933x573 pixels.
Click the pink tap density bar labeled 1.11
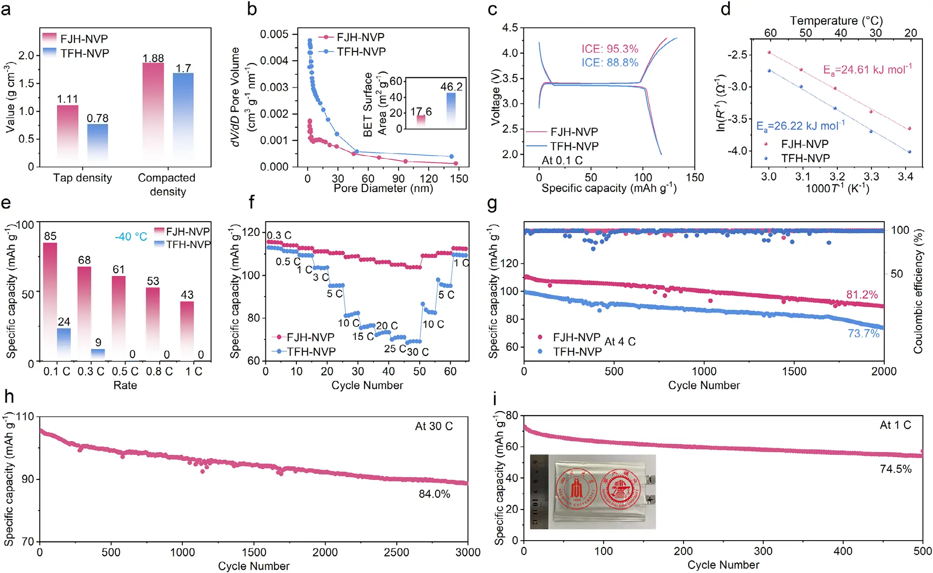point(67,132)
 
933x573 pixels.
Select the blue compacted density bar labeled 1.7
point(183,116)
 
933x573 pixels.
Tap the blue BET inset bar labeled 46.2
point(451,109)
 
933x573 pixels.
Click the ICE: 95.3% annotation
point(609,49)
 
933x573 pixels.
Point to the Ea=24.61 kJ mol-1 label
point(867,69)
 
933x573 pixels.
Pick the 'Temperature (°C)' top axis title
point(836,21)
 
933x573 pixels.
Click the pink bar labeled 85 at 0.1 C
point(50,301)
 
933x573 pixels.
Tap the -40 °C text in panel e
point(131,236)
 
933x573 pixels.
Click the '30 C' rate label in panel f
point(418,352)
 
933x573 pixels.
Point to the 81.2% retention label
point(862,294)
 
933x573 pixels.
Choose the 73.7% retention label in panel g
point(863,333)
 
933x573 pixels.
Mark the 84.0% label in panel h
point(434,494)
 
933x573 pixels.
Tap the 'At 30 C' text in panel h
point(434,426)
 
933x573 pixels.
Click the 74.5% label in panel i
point(895,469)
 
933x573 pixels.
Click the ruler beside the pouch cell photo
point(539,492)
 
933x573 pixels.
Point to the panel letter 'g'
point(492,203)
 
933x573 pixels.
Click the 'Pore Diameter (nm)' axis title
point(383,188)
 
